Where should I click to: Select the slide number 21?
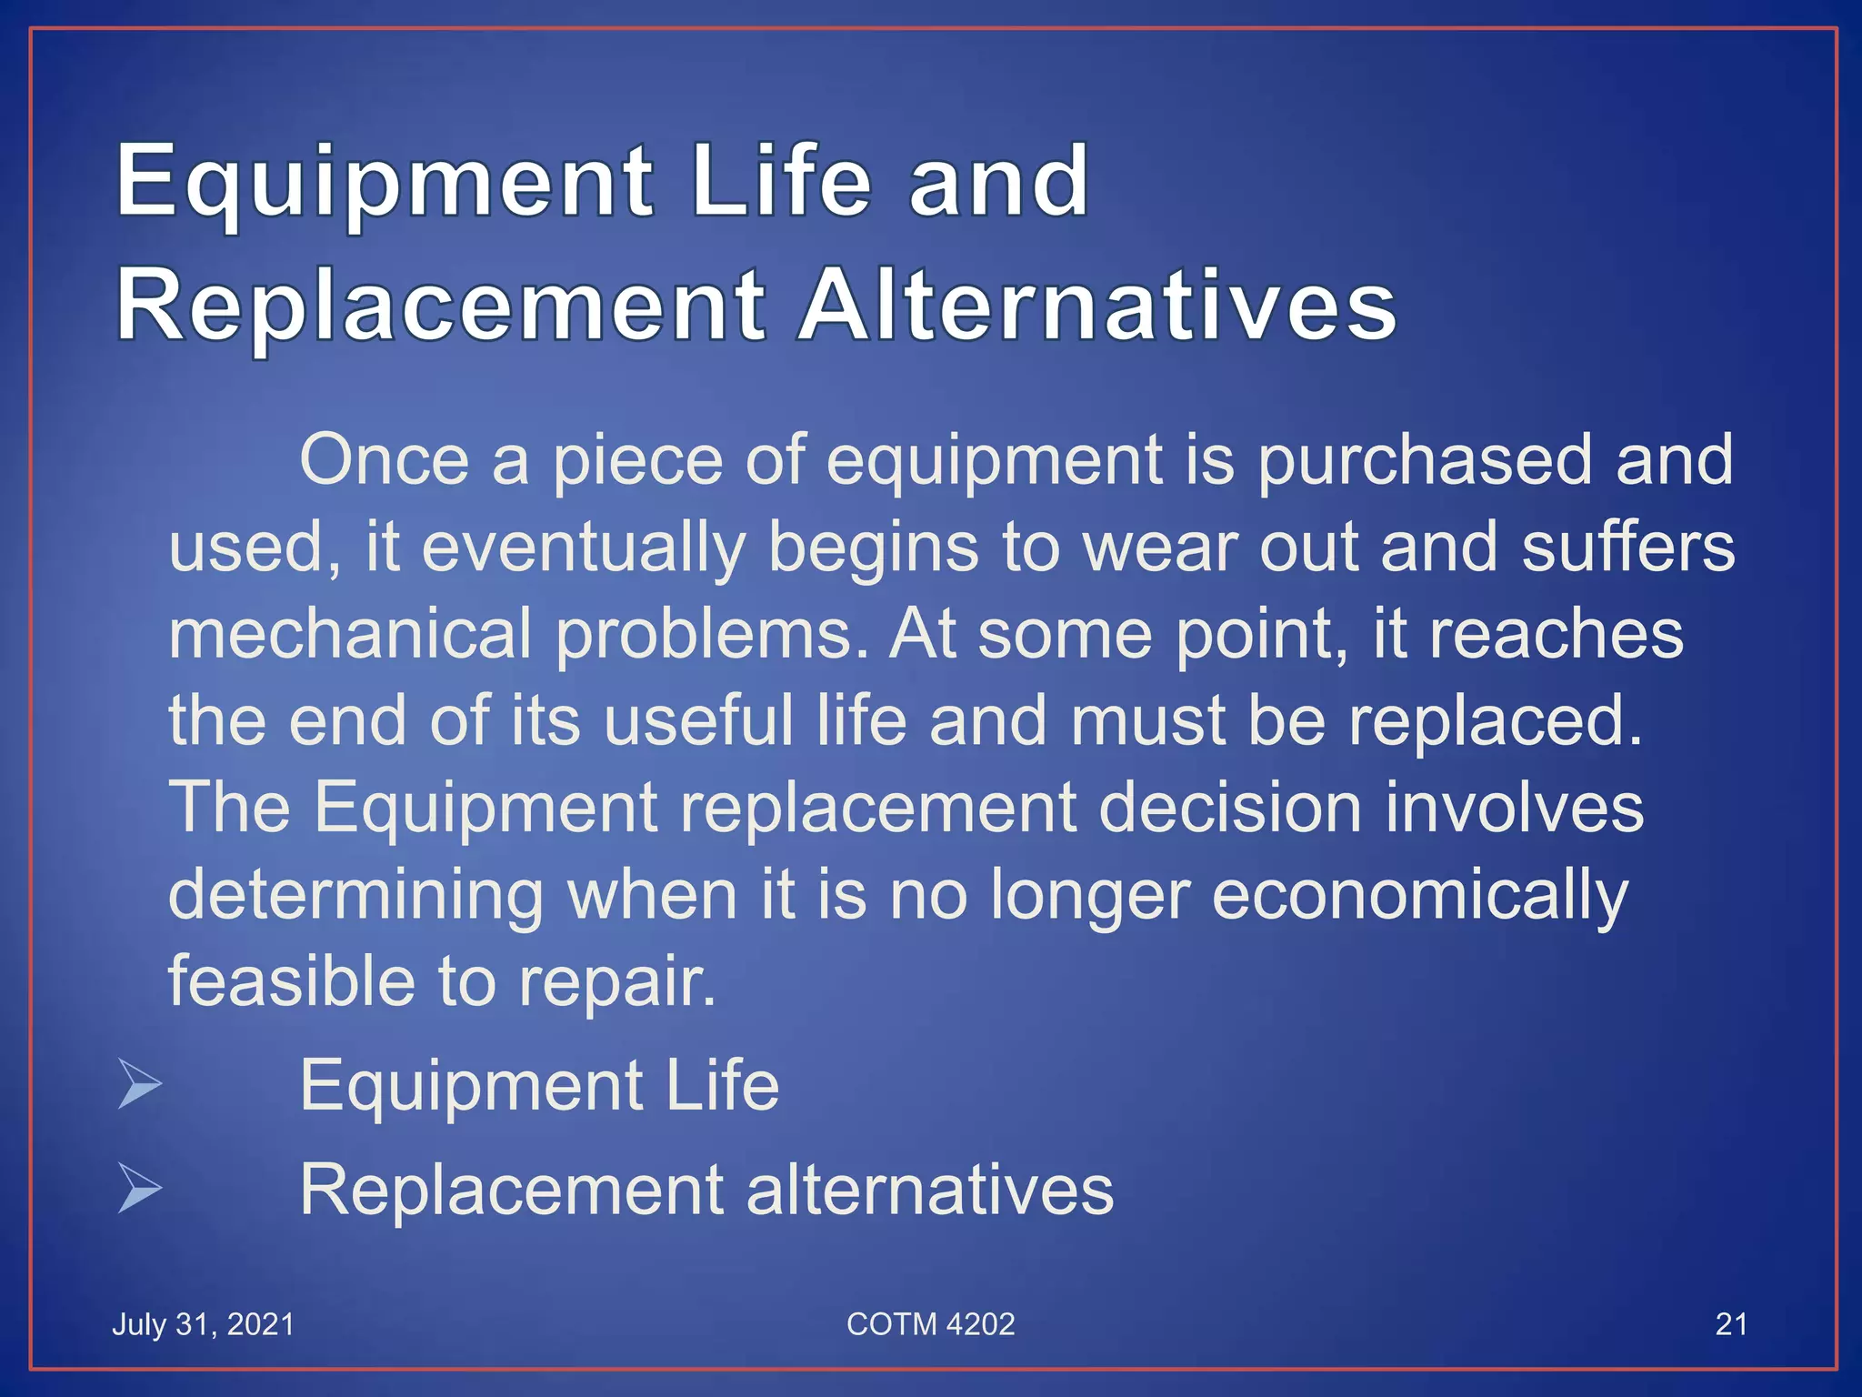(1730, 1324)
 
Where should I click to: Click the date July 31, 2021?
(204, 1324)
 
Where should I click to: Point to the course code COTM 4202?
(930, 1324)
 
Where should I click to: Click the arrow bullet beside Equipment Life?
(140, 1085)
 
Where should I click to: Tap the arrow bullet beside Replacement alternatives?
(140, 1190)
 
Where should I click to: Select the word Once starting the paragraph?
(385, 460)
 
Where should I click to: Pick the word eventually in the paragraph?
(583, 548)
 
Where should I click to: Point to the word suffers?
(1628, 548)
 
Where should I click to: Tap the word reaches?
(1557, 634)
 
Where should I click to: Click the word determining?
(356, 896)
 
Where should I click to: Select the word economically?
(1419, 896)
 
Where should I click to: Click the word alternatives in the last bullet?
(930, 1190)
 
